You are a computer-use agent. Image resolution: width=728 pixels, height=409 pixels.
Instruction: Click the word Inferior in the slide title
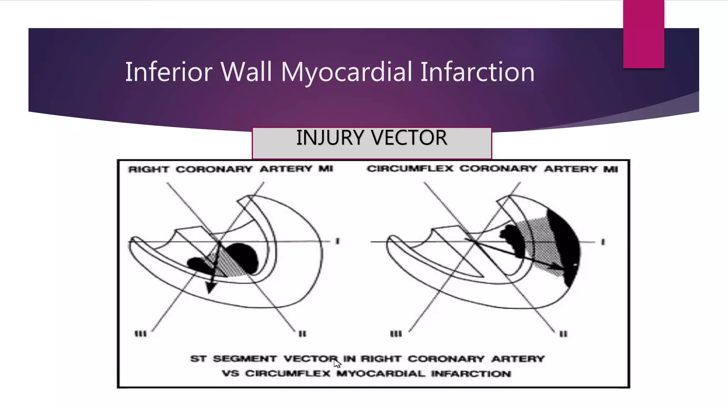(x=168, y=72)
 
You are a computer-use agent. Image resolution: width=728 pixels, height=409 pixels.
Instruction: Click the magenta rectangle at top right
(x=643, y=34)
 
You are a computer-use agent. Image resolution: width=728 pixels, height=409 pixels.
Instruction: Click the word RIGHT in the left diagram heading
(x=149, y=169)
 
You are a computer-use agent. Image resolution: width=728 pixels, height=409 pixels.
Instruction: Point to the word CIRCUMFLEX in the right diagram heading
(x=410, y=169)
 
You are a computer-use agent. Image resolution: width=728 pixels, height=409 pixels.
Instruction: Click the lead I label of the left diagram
(x=337, y=241)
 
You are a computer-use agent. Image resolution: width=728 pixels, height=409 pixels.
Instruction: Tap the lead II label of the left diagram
(x=302, y=334)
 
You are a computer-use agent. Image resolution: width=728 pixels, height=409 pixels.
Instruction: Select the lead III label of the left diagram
(x=140, y=334)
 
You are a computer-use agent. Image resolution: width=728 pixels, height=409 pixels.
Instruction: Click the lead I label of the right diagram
(x=603, y=242)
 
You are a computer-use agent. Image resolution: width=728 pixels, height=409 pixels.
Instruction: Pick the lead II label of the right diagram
(x=563, y=334)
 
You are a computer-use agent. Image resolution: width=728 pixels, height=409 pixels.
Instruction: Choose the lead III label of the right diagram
(x=396, y=334)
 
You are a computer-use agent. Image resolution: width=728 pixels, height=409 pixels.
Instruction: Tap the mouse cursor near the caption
(x=337, y=363)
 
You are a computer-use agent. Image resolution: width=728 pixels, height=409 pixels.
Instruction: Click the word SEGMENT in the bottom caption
(x=245, y=359)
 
